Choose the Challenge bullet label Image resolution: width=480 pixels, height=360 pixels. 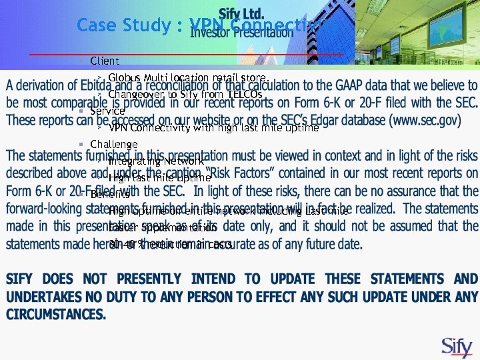(x=113, y=144)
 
